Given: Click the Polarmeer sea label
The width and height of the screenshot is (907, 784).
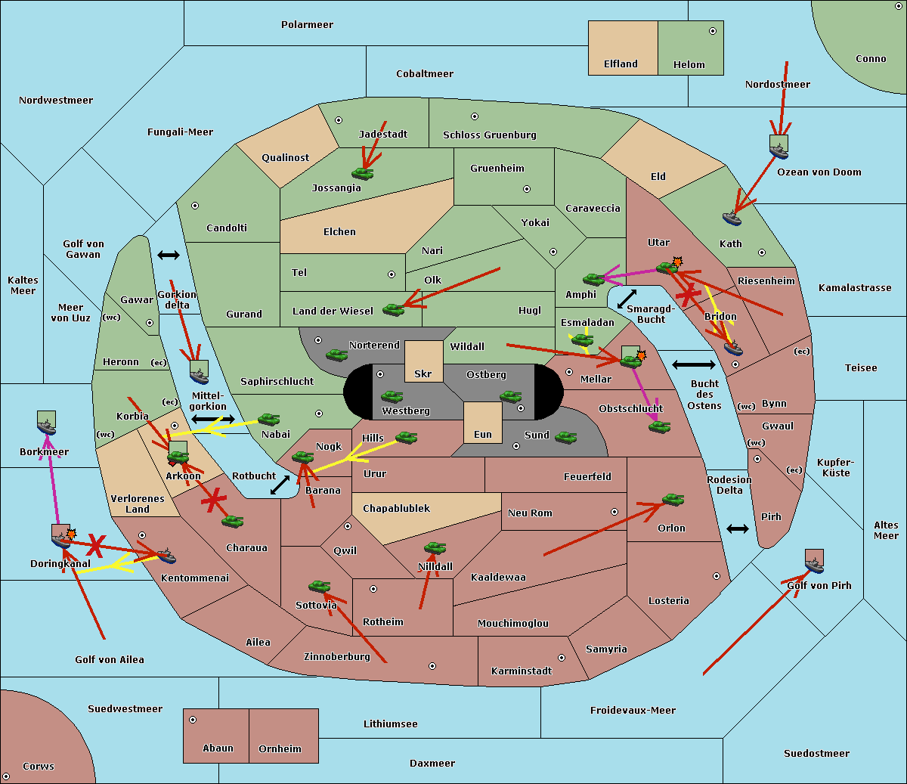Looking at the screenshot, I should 307,25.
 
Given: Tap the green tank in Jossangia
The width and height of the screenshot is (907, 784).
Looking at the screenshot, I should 363,173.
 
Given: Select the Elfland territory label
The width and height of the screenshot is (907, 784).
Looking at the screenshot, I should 621,64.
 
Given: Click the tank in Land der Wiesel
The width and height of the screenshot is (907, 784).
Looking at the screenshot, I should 393,308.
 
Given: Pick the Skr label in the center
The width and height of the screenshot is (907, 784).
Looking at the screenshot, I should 423,374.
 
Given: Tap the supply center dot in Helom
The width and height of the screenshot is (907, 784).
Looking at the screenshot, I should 712,31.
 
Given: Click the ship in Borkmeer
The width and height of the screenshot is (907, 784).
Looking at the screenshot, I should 46,425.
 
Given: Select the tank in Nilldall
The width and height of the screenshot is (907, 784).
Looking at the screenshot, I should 435,548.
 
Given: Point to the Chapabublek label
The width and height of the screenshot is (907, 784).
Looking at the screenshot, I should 396,509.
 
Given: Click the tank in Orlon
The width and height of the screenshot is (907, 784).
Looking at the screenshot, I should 673,500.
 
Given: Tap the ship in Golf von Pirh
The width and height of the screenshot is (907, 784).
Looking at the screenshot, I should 814,562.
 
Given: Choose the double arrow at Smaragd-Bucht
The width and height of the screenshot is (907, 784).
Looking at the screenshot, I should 627,299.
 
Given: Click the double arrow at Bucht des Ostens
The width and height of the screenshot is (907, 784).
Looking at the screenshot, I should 693,365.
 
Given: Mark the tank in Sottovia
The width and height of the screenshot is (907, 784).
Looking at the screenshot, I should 320,586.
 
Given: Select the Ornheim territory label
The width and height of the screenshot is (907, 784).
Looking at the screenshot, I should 280,749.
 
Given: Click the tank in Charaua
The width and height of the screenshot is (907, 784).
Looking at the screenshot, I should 232,521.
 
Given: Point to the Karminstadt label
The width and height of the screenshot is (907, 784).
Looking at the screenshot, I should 522,671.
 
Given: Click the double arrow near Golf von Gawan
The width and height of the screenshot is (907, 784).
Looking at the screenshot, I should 168,256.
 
